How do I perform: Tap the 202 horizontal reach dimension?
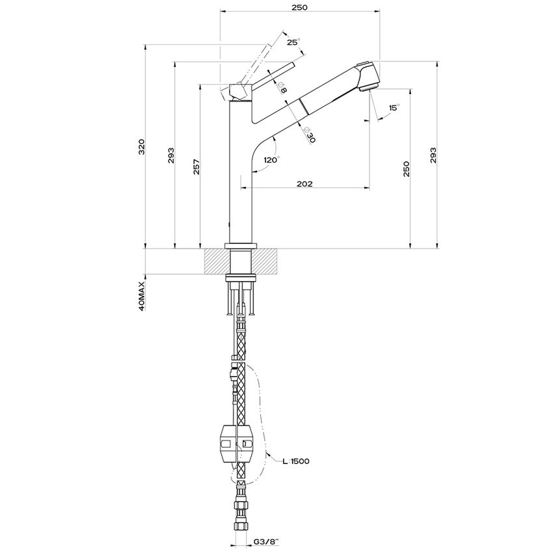click(x=304, y=184)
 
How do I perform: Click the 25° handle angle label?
click(x=293, y=42)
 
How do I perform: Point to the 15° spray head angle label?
click(x=394, y=107)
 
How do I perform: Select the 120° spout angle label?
click(x=271, y=159)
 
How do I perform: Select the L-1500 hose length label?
click(x=295, y=461)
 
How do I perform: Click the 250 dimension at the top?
click(x=299, y=7)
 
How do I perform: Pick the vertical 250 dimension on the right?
click(x=407, y=169)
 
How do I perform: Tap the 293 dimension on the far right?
click(x=433, y=155)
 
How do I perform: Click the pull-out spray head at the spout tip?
click(x=368, y=75)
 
